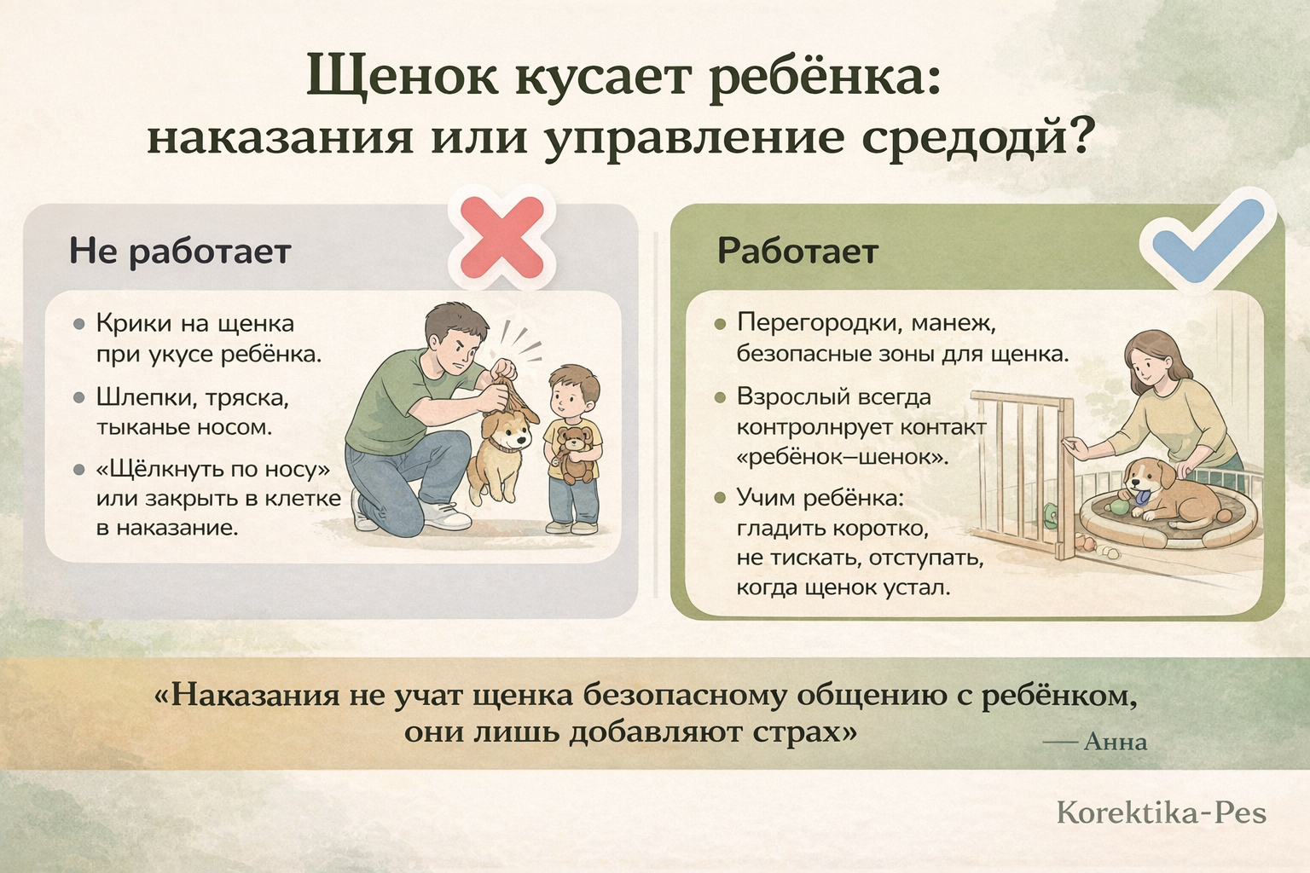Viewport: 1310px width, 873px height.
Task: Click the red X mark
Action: (x=501, y=237)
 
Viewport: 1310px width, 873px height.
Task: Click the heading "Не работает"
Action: (x=180, y=252)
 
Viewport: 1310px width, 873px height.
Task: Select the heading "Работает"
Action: (x=797, y=251)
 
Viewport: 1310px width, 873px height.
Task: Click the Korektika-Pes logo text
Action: (x=1161, y=812)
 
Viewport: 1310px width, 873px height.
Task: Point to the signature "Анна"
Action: (x=1116, y=742)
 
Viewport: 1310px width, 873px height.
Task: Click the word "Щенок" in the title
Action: (x=403, y=78)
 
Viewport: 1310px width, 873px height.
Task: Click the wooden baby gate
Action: (x=1024, y=474)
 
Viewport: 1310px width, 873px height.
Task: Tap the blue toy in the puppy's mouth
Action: (x=1139, y=498)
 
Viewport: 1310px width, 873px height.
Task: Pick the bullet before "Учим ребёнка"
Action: (x=721, y=498)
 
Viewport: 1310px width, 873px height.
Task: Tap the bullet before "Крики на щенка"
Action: (x=79, y=324)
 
